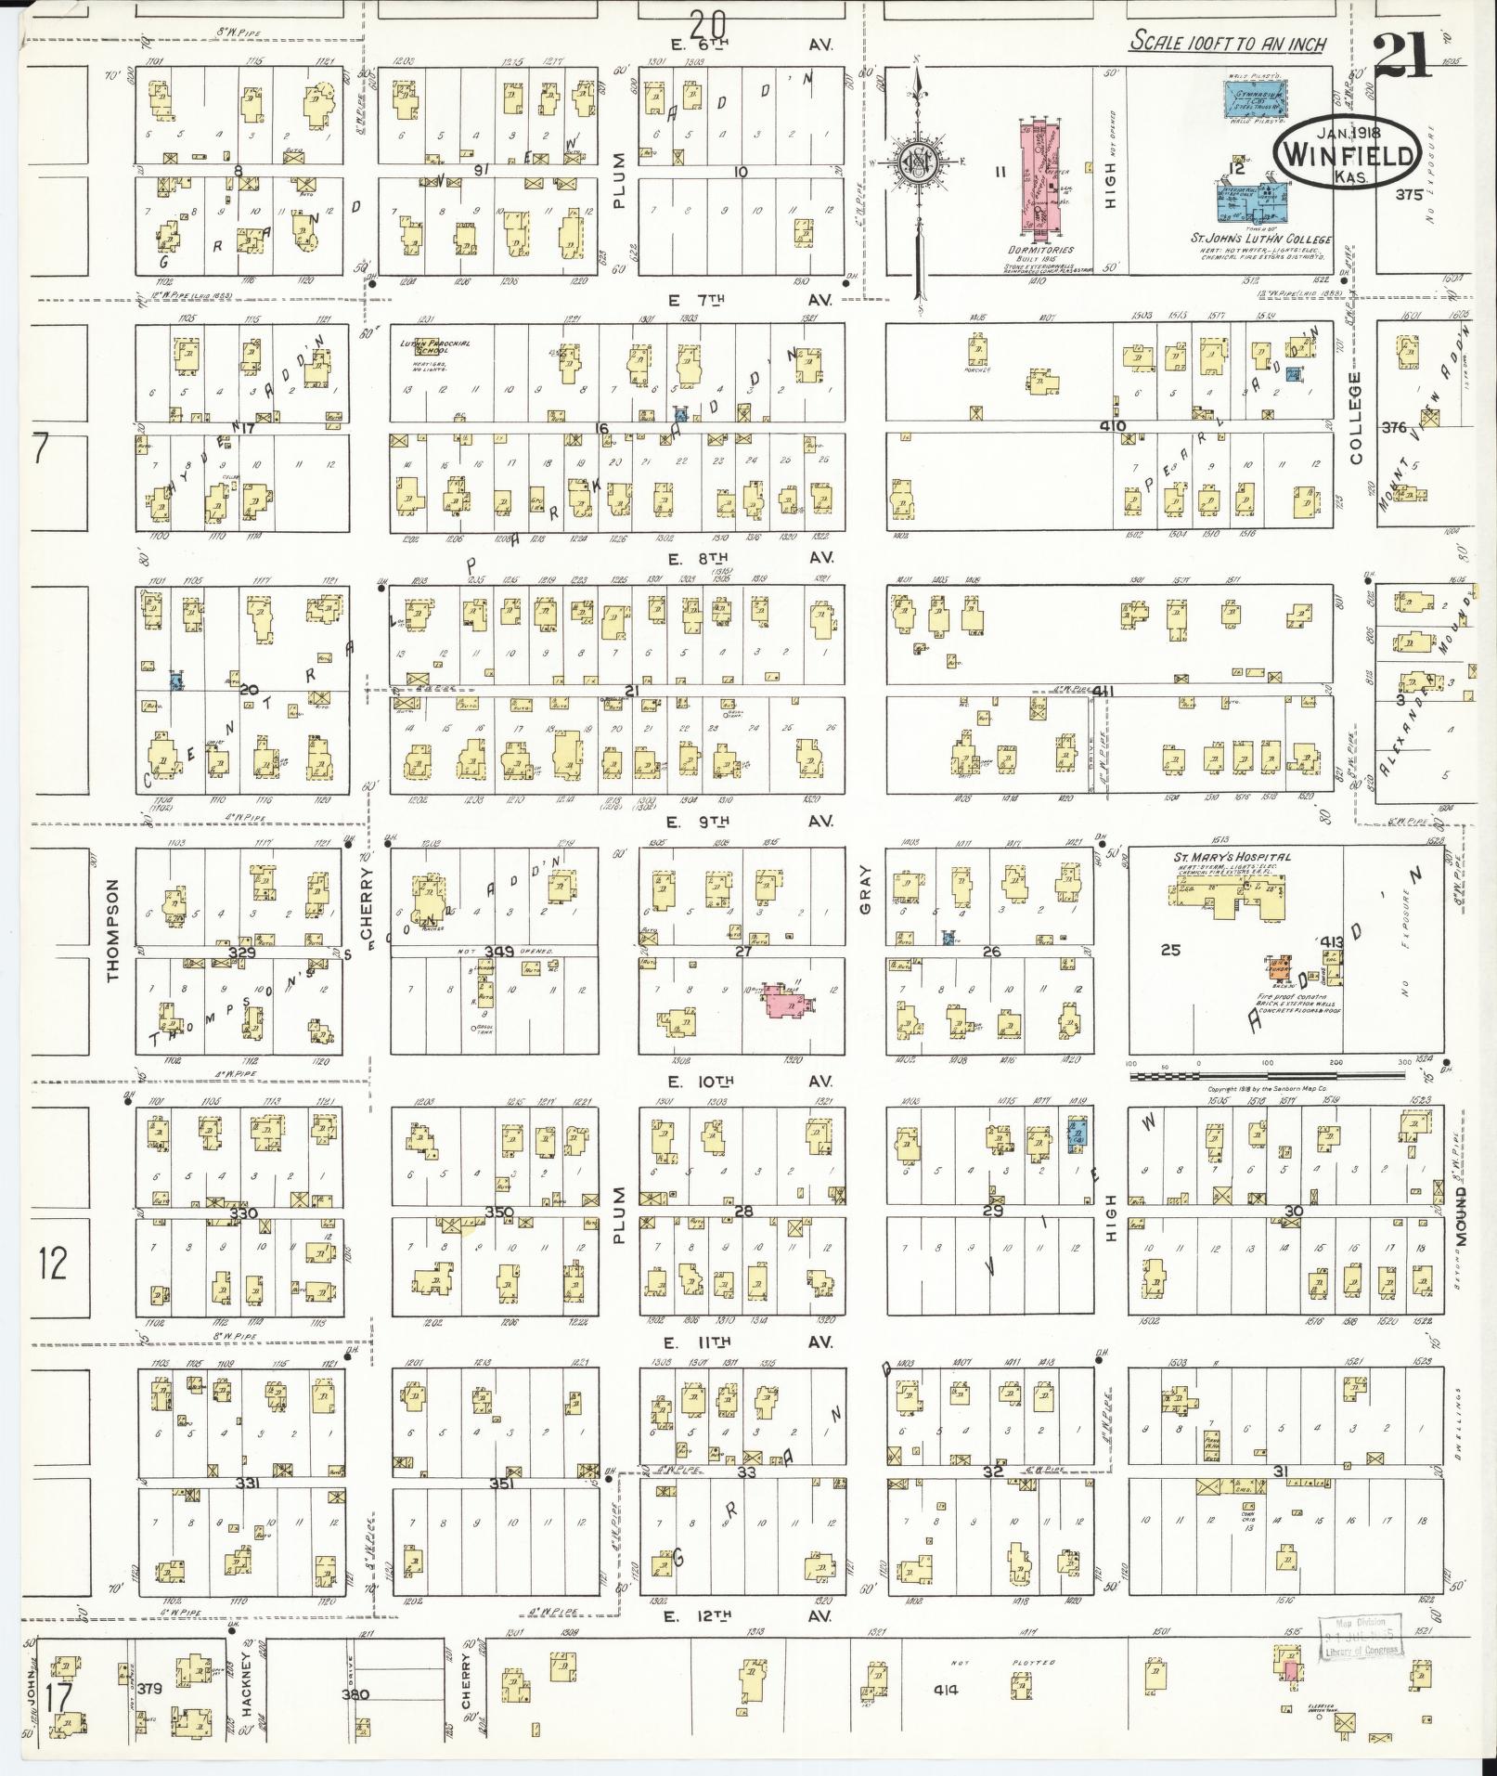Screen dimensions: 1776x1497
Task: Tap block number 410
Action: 1113,426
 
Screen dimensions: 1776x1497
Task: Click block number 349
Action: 498,952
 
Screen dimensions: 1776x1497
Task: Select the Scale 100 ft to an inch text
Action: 1228,43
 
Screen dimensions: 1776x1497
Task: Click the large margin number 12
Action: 54,1264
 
